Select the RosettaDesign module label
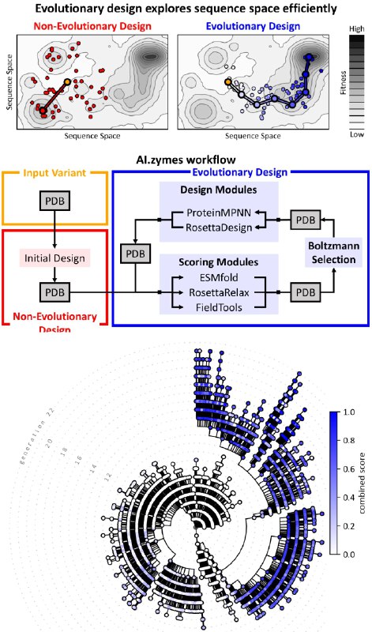219,228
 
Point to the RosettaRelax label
219,292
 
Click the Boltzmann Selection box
334,253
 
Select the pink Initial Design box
54,258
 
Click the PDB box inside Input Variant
54,201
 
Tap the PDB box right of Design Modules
306,220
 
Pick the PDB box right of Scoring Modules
306,292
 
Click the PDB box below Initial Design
54,292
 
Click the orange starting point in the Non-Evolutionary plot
67,82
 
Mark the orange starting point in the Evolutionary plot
228,82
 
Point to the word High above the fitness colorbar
357,29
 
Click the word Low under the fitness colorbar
357,134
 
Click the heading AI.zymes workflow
186,160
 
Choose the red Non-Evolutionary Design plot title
92,27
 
